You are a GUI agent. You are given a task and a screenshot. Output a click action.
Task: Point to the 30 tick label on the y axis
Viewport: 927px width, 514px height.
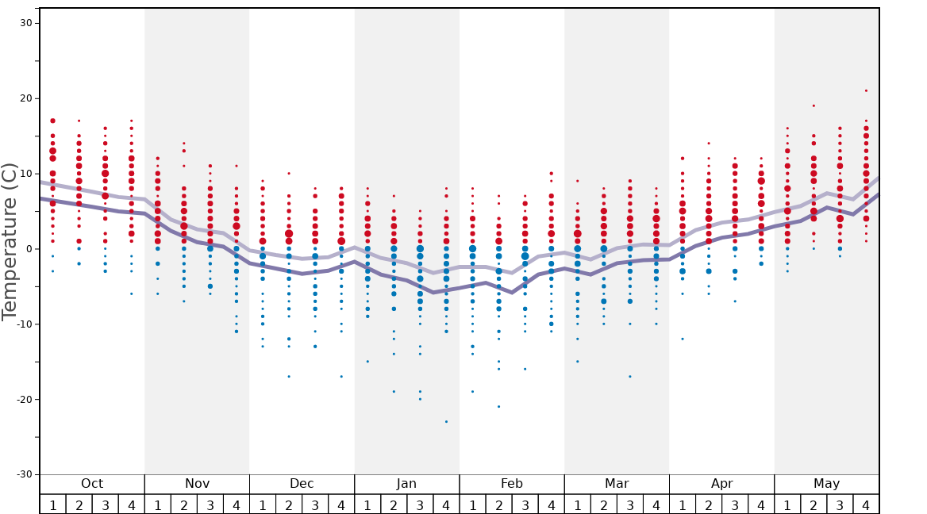[25, 23]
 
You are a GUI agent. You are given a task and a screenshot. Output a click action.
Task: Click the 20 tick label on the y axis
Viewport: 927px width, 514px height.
[25, 98]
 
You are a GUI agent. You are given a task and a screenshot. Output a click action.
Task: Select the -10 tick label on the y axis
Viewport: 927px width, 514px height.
[24, 324]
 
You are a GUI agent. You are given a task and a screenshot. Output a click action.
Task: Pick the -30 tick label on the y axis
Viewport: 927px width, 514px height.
[24, 474]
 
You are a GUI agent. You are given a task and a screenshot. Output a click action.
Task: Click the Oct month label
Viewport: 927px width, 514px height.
[92, 484]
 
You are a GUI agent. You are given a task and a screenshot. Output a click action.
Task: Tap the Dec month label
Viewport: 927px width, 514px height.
[302, 484]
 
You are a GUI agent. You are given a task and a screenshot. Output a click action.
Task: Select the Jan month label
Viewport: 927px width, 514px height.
[406, 484]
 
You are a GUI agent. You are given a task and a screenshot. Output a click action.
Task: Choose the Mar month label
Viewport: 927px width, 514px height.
[617, 484]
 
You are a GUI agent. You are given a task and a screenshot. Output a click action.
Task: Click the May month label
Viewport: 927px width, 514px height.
[826, 484]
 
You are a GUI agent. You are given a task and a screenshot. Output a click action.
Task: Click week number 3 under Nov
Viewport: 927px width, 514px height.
[210, 504]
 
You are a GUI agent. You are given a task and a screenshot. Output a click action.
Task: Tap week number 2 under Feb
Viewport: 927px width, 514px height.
[498, 504]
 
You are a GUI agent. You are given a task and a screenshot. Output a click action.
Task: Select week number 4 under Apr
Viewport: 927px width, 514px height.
[761, 504]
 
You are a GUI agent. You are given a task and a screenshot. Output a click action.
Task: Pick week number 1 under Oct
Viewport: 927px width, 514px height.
[52, 504]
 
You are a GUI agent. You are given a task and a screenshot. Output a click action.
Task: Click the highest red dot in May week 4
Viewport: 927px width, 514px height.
[866, 90]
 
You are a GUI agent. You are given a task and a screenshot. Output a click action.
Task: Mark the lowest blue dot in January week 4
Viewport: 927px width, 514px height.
[446, 421]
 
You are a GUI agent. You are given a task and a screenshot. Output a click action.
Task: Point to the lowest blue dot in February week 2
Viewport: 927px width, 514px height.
[498, 406]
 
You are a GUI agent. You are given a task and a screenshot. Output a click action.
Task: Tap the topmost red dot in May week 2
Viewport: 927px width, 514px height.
[814, 105]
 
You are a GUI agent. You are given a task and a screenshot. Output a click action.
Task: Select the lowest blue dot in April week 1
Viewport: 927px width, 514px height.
[683, 339]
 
